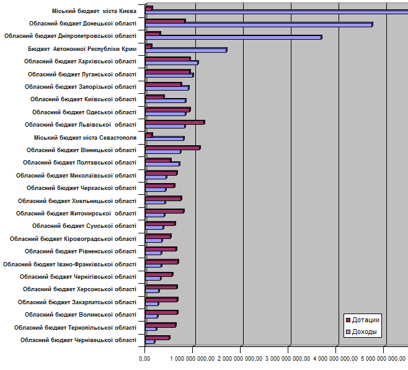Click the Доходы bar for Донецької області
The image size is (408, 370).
[x=259, y=25]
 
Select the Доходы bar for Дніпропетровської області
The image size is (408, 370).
[x=233, y=37]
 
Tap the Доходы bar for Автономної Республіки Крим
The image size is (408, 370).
[x=186, y=50]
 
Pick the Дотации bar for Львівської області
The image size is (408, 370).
[x=175, y=122]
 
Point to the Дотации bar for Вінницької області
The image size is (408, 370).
[x=172, y=148]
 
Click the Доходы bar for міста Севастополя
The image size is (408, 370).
[x=164, y=138]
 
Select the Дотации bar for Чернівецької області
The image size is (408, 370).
[x=157, y=338]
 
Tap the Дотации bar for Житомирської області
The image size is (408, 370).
[x=164, y=211]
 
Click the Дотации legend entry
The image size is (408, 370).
[x=366, y=320]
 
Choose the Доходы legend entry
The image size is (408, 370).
[x=366, y=332]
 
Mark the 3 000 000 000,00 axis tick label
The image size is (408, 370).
[x=290, y=358]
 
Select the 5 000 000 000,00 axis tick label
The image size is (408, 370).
[x=383, y=358]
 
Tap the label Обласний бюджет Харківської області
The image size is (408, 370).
[x=80, y=61]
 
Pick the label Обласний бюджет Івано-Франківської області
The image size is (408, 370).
[x=69, y=264]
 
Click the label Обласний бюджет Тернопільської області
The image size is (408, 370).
[x=75, y=328]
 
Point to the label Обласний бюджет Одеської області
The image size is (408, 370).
[x=84, y=112]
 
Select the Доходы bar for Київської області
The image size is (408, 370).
[x=166, y=101]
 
